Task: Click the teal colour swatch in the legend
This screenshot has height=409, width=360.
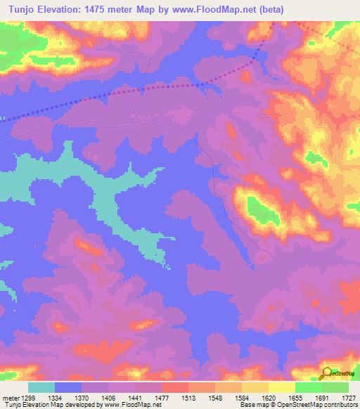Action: [x=41, y=387]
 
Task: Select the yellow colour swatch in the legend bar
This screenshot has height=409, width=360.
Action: [x=282, y=387]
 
